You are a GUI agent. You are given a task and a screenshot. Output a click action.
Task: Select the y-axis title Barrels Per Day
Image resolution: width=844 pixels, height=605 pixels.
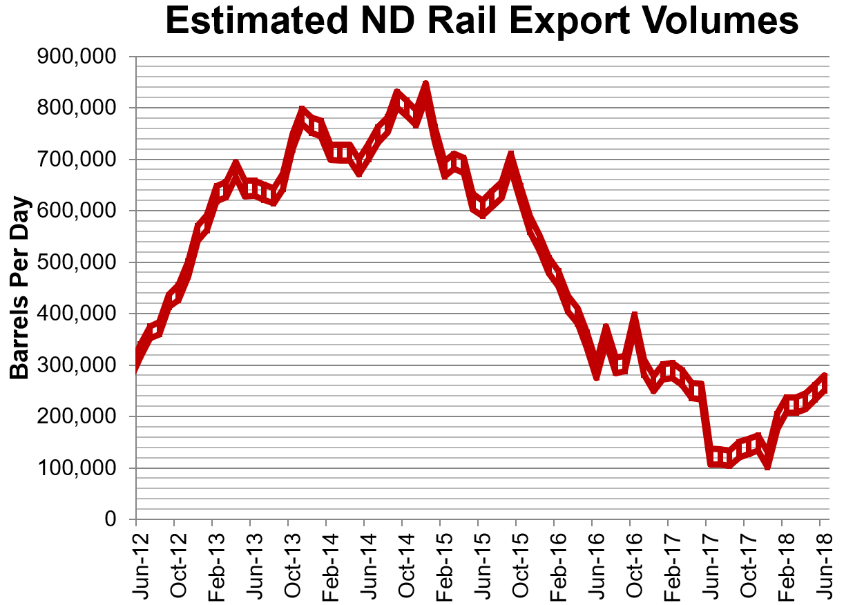20,287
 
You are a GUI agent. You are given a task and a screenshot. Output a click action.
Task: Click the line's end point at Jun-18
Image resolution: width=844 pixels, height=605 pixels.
823,381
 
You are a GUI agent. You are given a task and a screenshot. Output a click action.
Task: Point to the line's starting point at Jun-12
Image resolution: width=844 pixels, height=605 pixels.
137,359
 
